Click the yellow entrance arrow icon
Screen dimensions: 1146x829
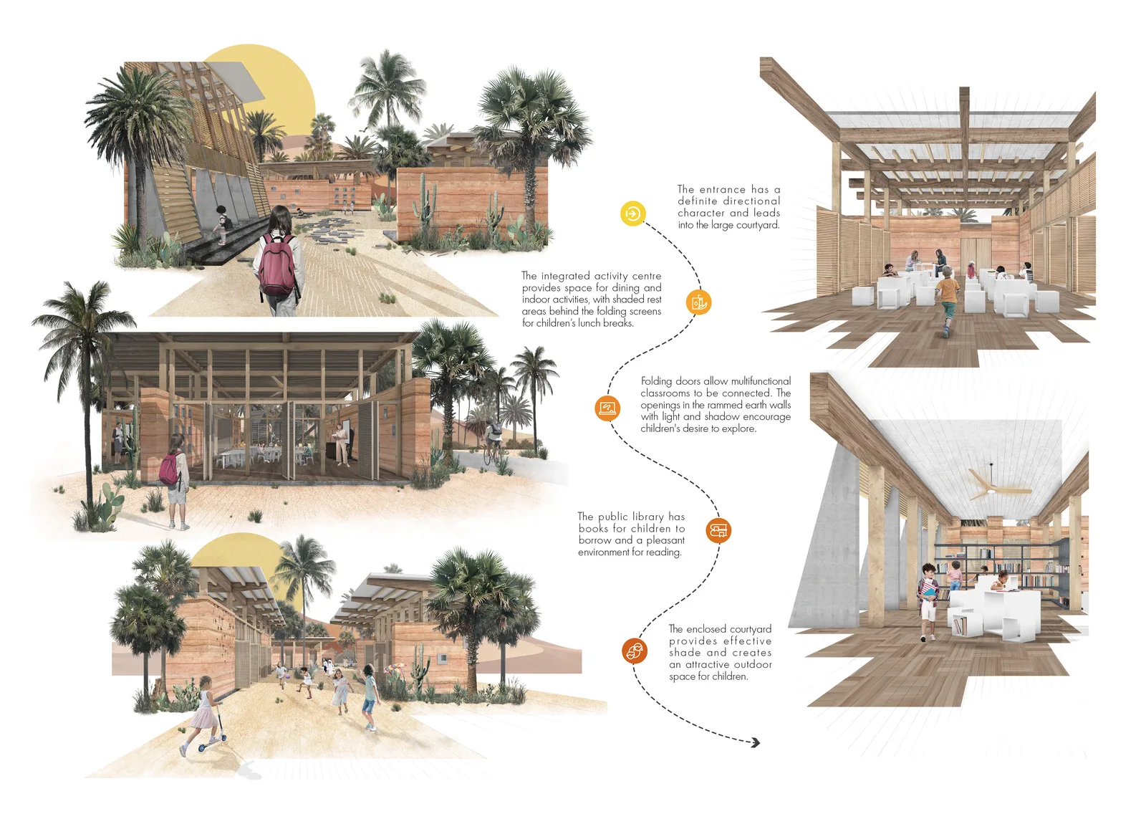[x=633, y=214]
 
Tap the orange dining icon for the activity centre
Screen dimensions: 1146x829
[x=698, y=302]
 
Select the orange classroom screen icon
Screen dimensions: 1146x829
[x=607, y=408]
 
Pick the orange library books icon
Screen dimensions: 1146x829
[x=718, y=530]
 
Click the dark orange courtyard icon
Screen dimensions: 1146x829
[x=635, y=651]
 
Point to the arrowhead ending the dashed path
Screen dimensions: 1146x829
[x=756, y=742]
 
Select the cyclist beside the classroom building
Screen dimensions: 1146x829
[x=493, y=441]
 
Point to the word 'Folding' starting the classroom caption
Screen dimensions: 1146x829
[x=656, y=382]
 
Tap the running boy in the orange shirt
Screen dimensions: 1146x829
[x=946, y=301]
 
